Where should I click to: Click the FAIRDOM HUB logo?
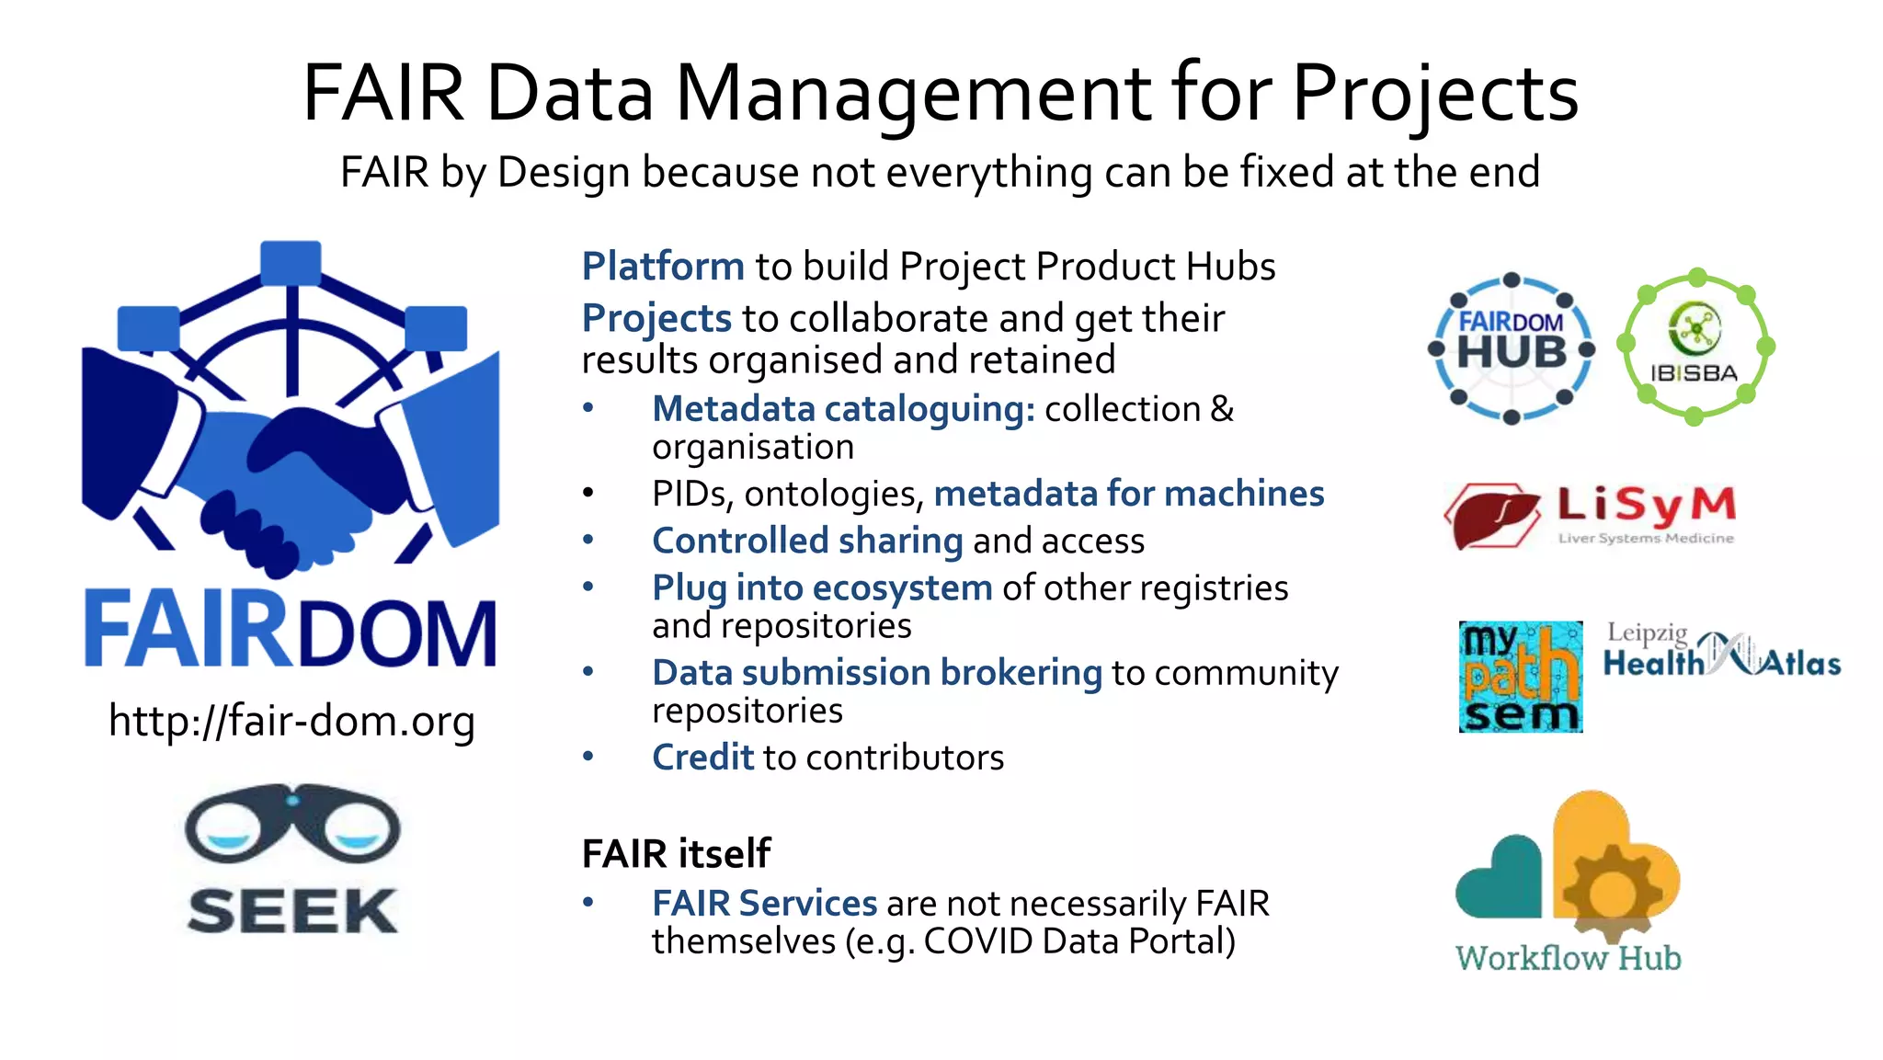click(x=1511, y=348)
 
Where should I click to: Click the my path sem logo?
click(x=1521, y=677)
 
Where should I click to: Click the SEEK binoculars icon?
click(x=292, y=823)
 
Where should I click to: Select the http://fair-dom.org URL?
click(x=291, y=721)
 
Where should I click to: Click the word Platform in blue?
click(x=663, y=267)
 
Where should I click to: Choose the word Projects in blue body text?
click(x=656, y=319)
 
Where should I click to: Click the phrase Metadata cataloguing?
click(x=843, y=409)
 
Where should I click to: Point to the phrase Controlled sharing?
click(x=807, y=541)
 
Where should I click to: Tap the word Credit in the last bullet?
click(x=702, y=758)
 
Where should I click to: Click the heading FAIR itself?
click(x=677, y=853)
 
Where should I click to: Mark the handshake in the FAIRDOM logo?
click(x=292, y=478)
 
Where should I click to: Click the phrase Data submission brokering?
click(x=876, y=673)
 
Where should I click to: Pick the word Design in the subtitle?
click(x=563, y=173)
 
